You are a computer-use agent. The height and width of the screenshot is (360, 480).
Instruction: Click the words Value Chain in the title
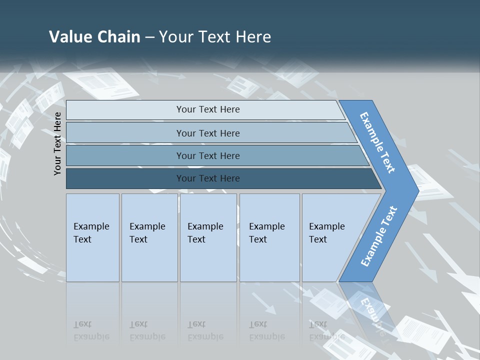tap(94, 36)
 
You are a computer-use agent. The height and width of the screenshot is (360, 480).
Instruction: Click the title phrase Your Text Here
tap(214, 36)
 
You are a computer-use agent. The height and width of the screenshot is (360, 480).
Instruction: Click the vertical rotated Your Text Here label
tap(58, 143)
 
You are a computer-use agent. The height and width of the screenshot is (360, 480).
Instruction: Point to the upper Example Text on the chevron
tap(377, 142)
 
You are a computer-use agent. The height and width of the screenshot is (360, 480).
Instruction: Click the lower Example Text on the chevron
tap(378, 236)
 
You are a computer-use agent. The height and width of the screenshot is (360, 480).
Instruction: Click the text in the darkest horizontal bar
tap(208, 178)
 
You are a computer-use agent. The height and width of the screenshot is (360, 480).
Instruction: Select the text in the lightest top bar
tap(208, 109)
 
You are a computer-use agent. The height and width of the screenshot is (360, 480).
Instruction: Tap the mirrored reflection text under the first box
tap(91, 330)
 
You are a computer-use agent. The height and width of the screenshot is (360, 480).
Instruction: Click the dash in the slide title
tap(149, 37)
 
